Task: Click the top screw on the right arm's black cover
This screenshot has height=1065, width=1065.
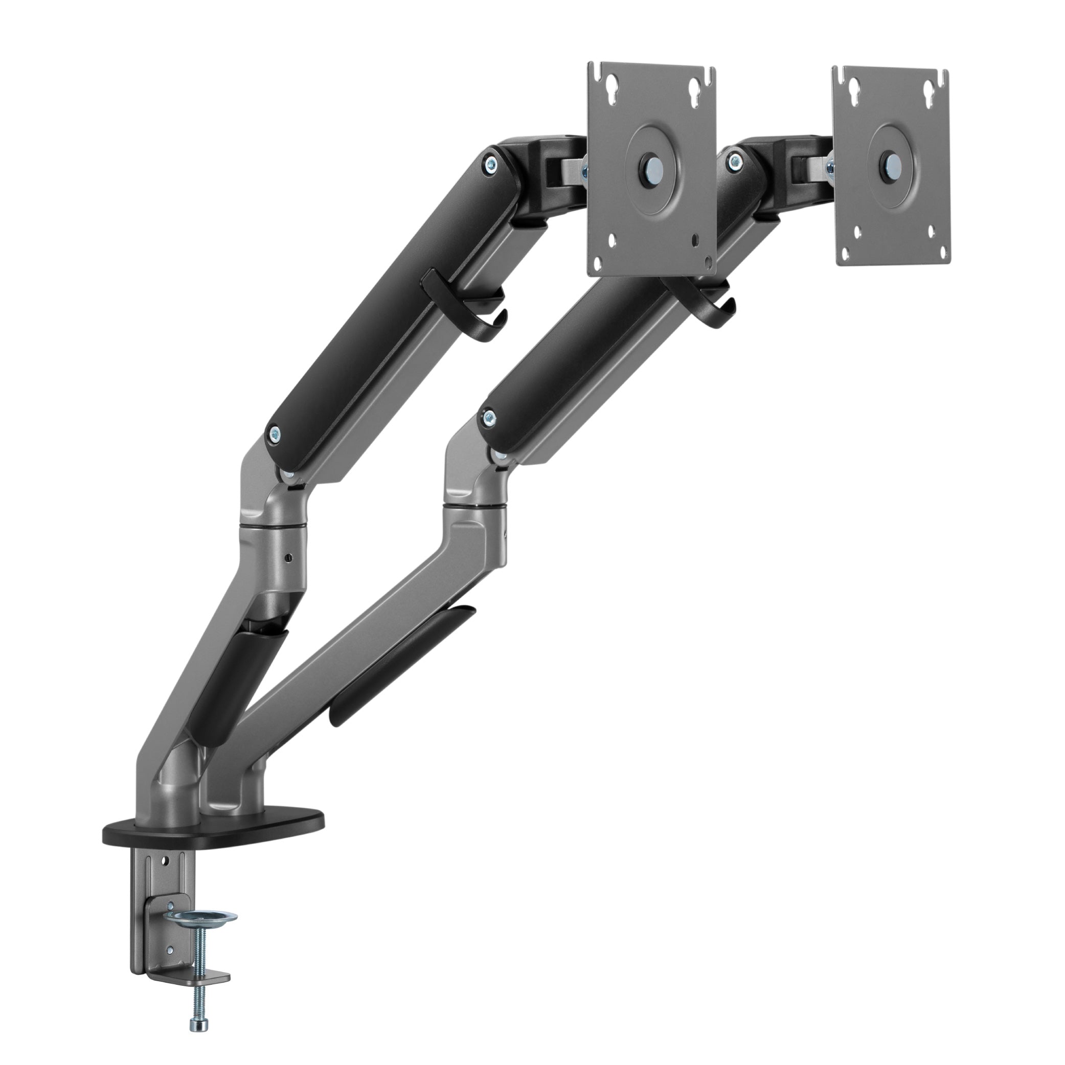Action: pos(733,162)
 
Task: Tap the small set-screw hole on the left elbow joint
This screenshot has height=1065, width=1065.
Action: pos(287,558)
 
